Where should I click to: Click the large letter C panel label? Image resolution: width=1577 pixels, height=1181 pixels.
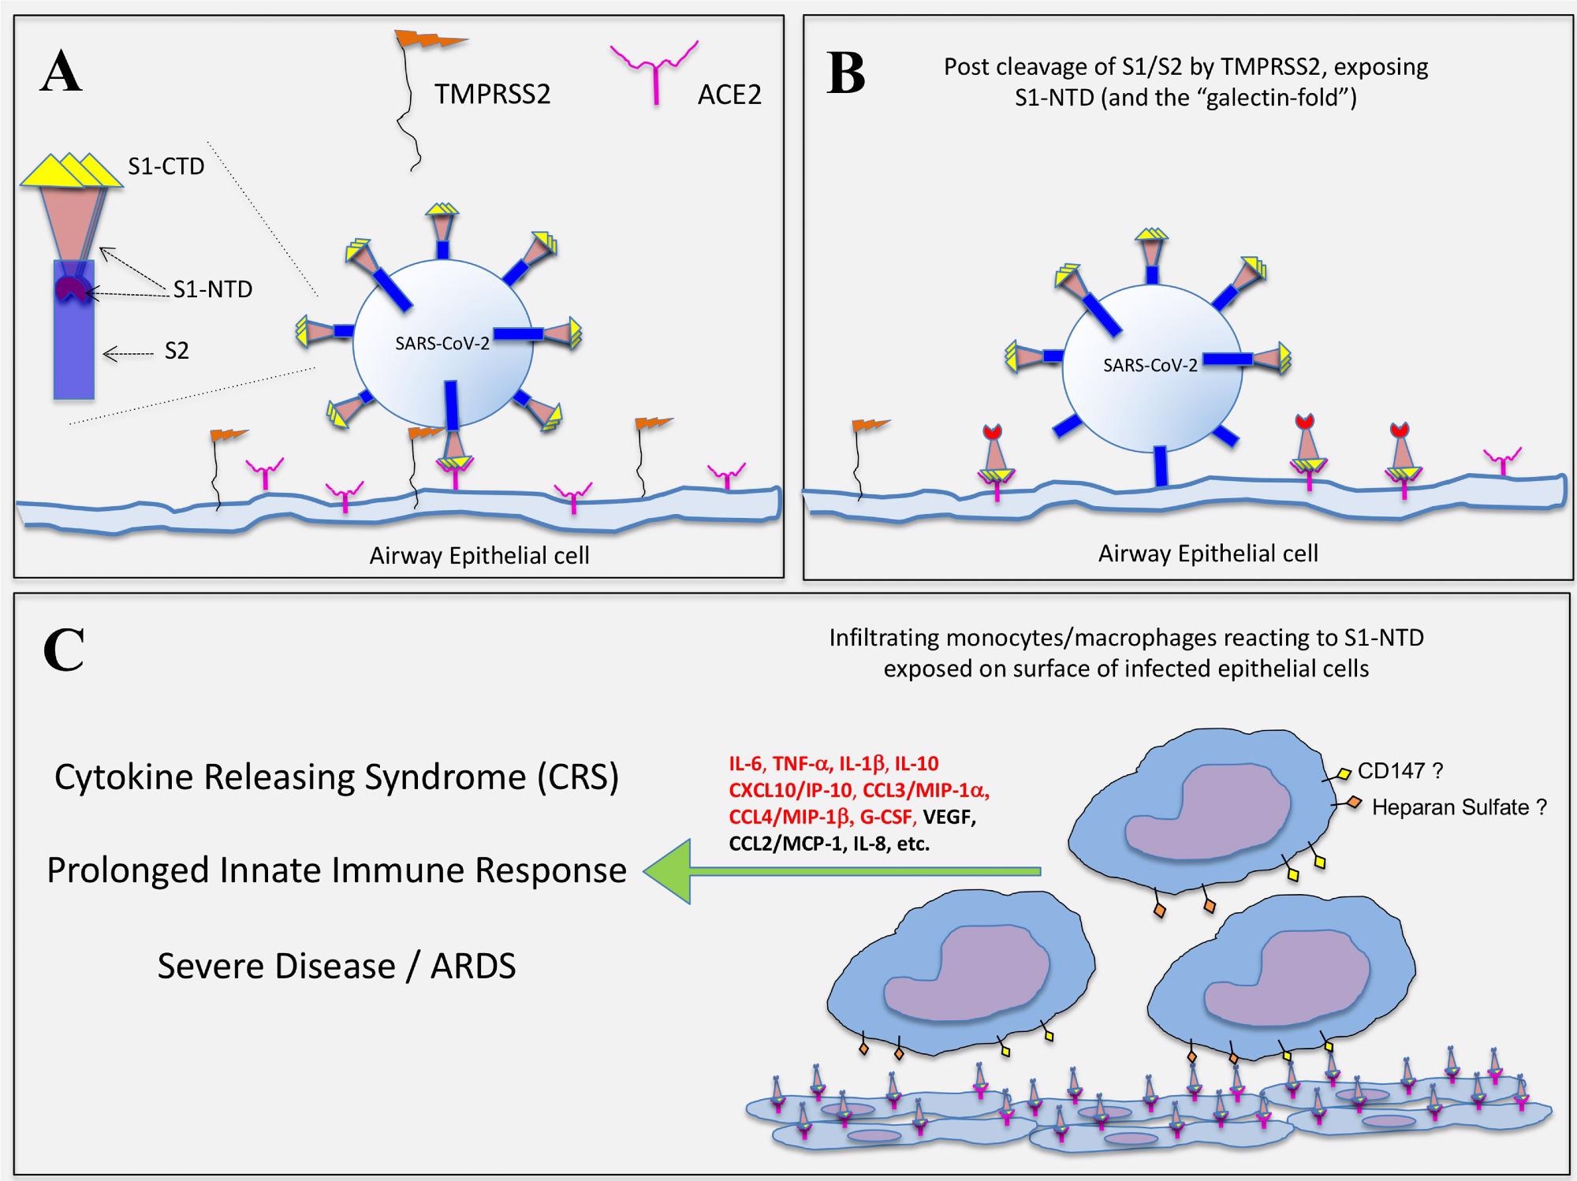(x=63, y=650)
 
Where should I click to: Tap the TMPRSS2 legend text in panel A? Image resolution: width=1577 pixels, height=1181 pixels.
(x=492, y=95)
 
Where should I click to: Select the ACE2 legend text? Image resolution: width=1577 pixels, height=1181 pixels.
(x=729, y=95)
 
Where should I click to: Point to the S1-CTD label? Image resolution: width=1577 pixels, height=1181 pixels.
(x=166, y=166)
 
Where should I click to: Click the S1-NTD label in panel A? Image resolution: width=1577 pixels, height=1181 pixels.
(x=213, y=289)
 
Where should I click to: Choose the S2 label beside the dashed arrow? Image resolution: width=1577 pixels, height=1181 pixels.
(x=177, y=352)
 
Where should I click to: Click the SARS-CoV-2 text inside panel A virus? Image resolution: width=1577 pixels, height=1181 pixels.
(x=442, y=343)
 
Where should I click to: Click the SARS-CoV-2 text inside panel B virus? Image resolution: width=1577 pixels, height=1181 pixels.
(x=1150, y=365)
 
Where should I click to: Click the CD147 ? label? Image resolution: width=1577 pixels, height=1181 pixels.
(x=1400, y=770)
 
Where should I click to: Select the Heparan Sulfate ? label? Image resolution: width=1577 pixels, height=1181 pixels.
(x=1459, y=807)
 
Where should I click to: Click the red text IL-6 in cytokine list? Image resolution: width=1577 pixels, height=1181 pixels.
(x=747, y=763)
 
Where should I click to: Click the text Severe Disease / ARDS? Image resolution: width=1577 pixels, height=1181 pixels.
(x=337, y=966)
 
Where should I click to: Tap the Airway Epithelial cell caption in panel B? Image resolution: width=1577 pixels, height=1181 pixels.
(x=1208, y=553)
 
